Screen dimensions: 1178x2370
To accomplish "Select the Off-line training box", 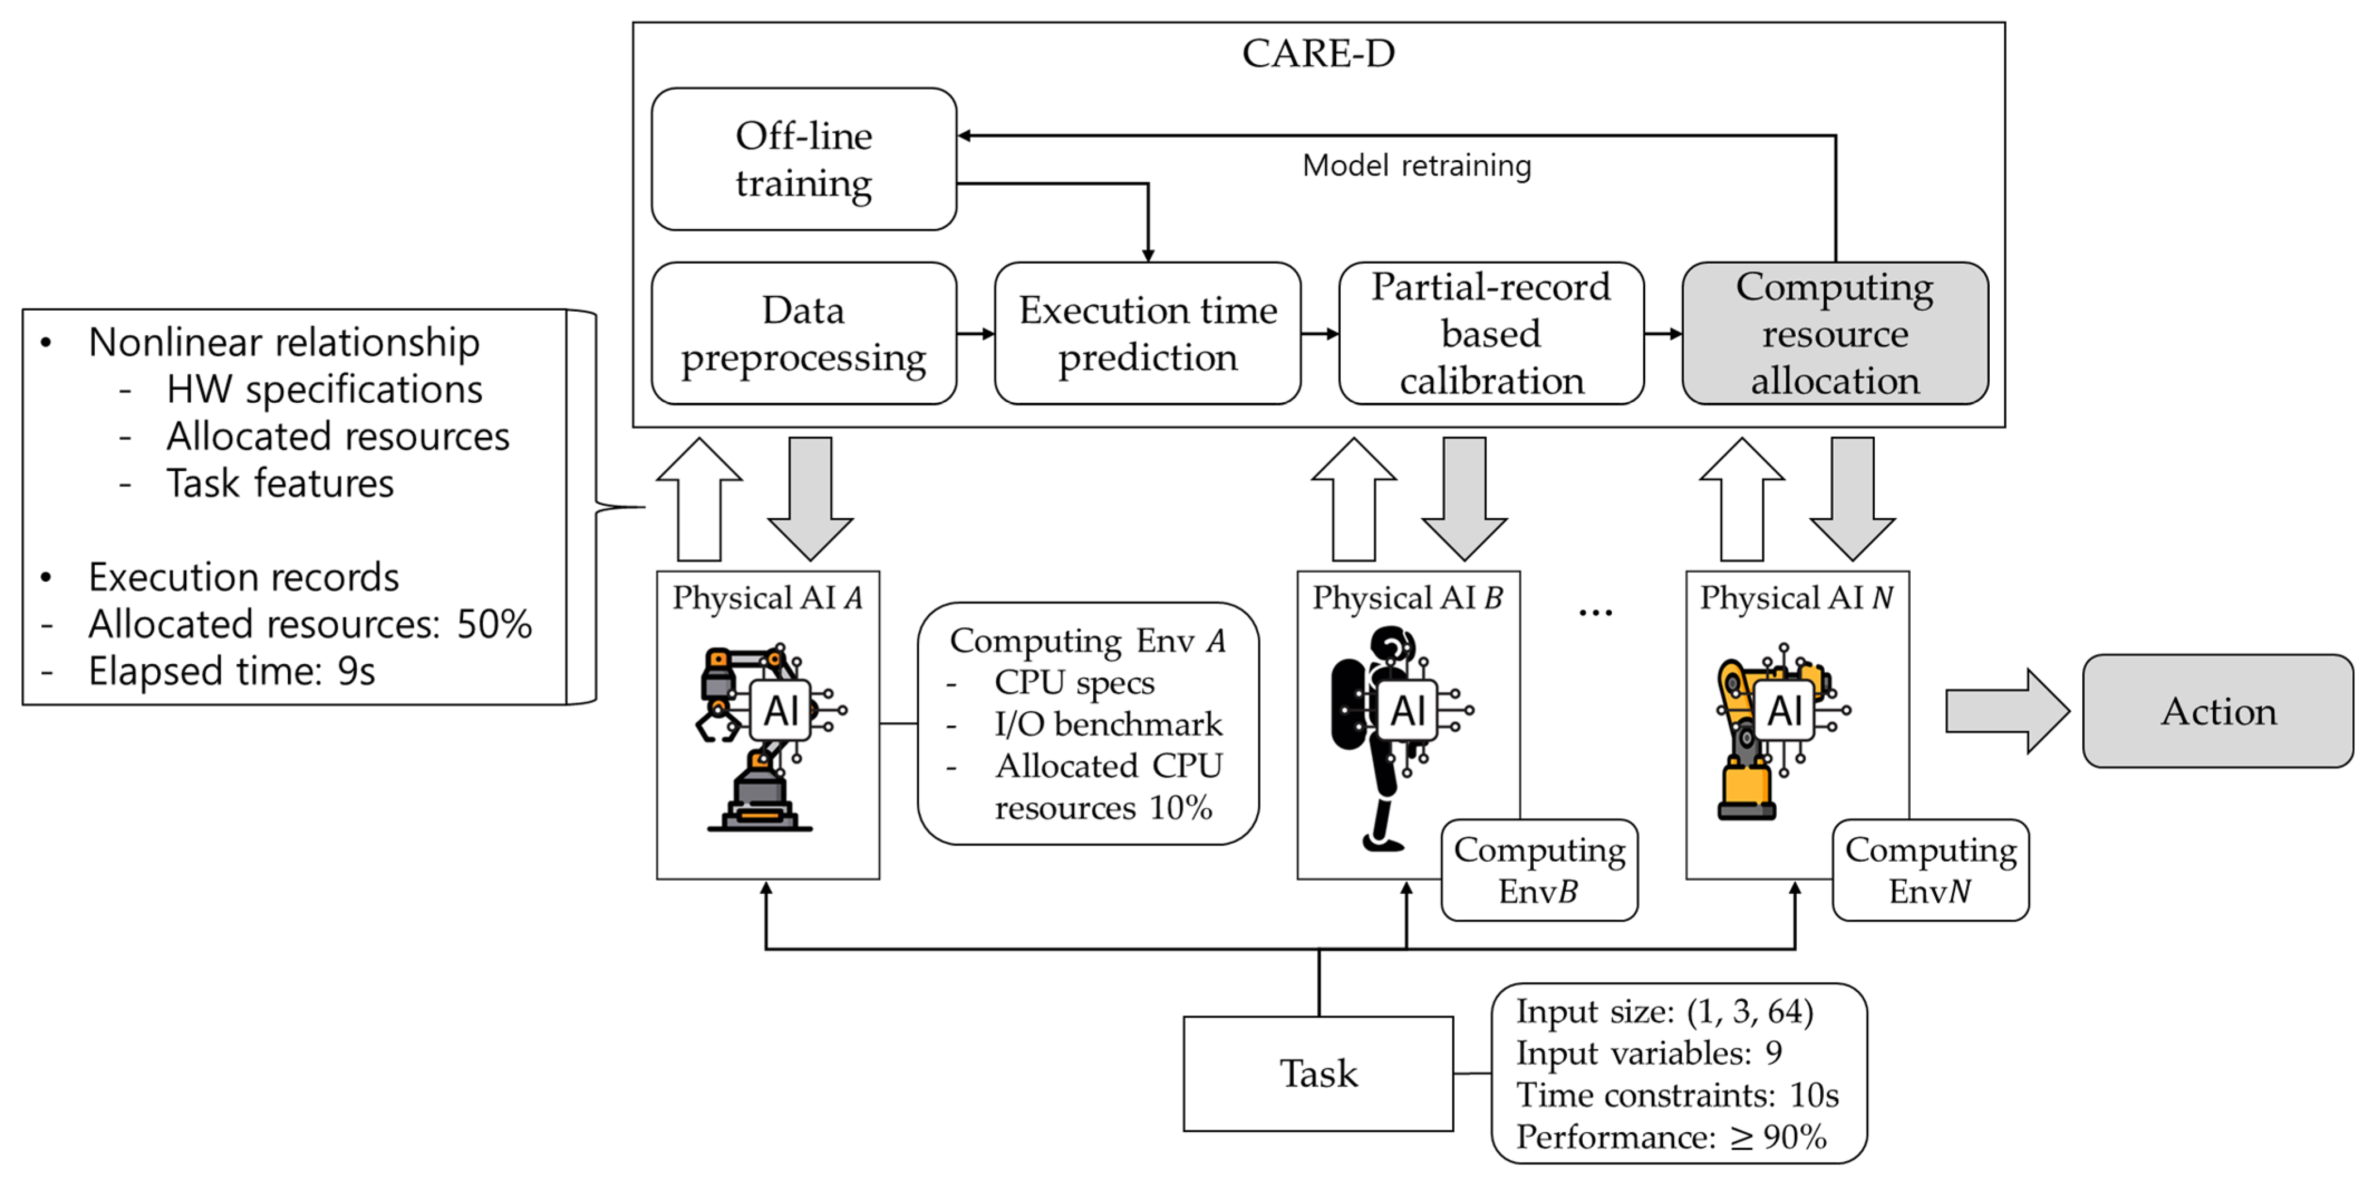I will [x=803, y=159].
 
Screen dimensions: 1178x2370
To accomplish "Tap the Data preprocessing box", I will [x=803, y=333].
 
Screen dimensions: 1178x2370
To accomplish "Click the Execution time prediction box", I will [x=1147, y=333].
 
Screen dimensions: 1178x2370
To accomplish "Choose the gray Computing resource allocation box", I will [x=1835, y=333].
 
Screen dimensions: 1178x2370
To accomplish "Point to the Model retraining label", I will [x=1416, y=166].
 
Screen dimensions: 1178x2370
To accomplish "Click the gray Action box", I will [x=2217, y=711].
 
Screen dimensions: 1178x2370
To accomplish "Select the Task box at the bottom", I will [x=1317, y=1073].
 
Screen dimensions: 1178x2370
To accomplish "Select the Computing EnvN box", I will [x=1930, y=870].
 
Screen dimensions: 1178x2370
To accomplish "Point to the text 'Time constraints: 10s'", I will [x=1676, y=1095].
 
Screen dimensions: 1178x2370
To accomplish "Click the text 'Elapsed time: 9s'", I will [x=232, y=671].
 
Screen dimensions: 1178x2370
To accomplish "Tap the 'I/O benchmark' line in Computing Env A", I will [x=1108, y=725].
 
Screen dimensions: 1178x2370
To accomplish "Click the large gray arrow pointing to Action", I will [x=2006, y=711].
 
